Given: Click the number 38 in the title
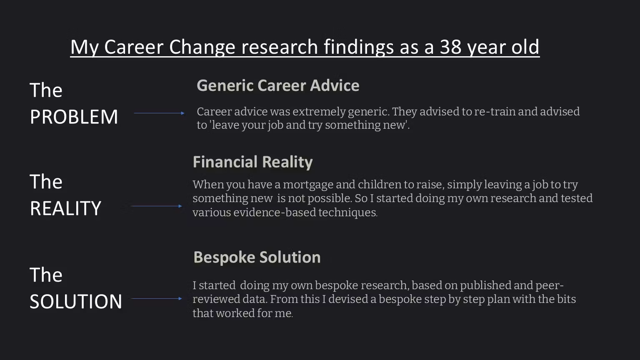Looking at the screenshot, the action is (450, 47).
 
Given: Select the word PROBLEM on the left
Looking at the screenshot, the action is (74, 117).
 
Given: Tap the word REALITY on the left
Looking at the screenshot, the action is (65, 208).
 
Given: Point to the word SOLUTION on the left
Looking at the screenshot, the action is (76, 301).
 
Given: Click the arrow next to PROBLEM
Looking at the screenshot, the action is (159, 113).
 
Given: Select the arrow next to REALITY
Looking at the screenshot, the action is (157, 206).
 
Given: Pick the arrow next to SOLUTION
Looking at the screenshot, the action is (157, 299).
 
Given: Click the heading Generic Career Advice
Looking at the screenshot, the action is (278, 85).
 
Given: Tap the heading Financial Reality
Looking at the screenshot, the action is (252, 162).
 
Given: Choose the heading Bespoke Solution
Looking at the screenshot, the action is (257, 257).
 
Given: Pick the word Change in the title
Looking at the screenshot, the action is (202, 47).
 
